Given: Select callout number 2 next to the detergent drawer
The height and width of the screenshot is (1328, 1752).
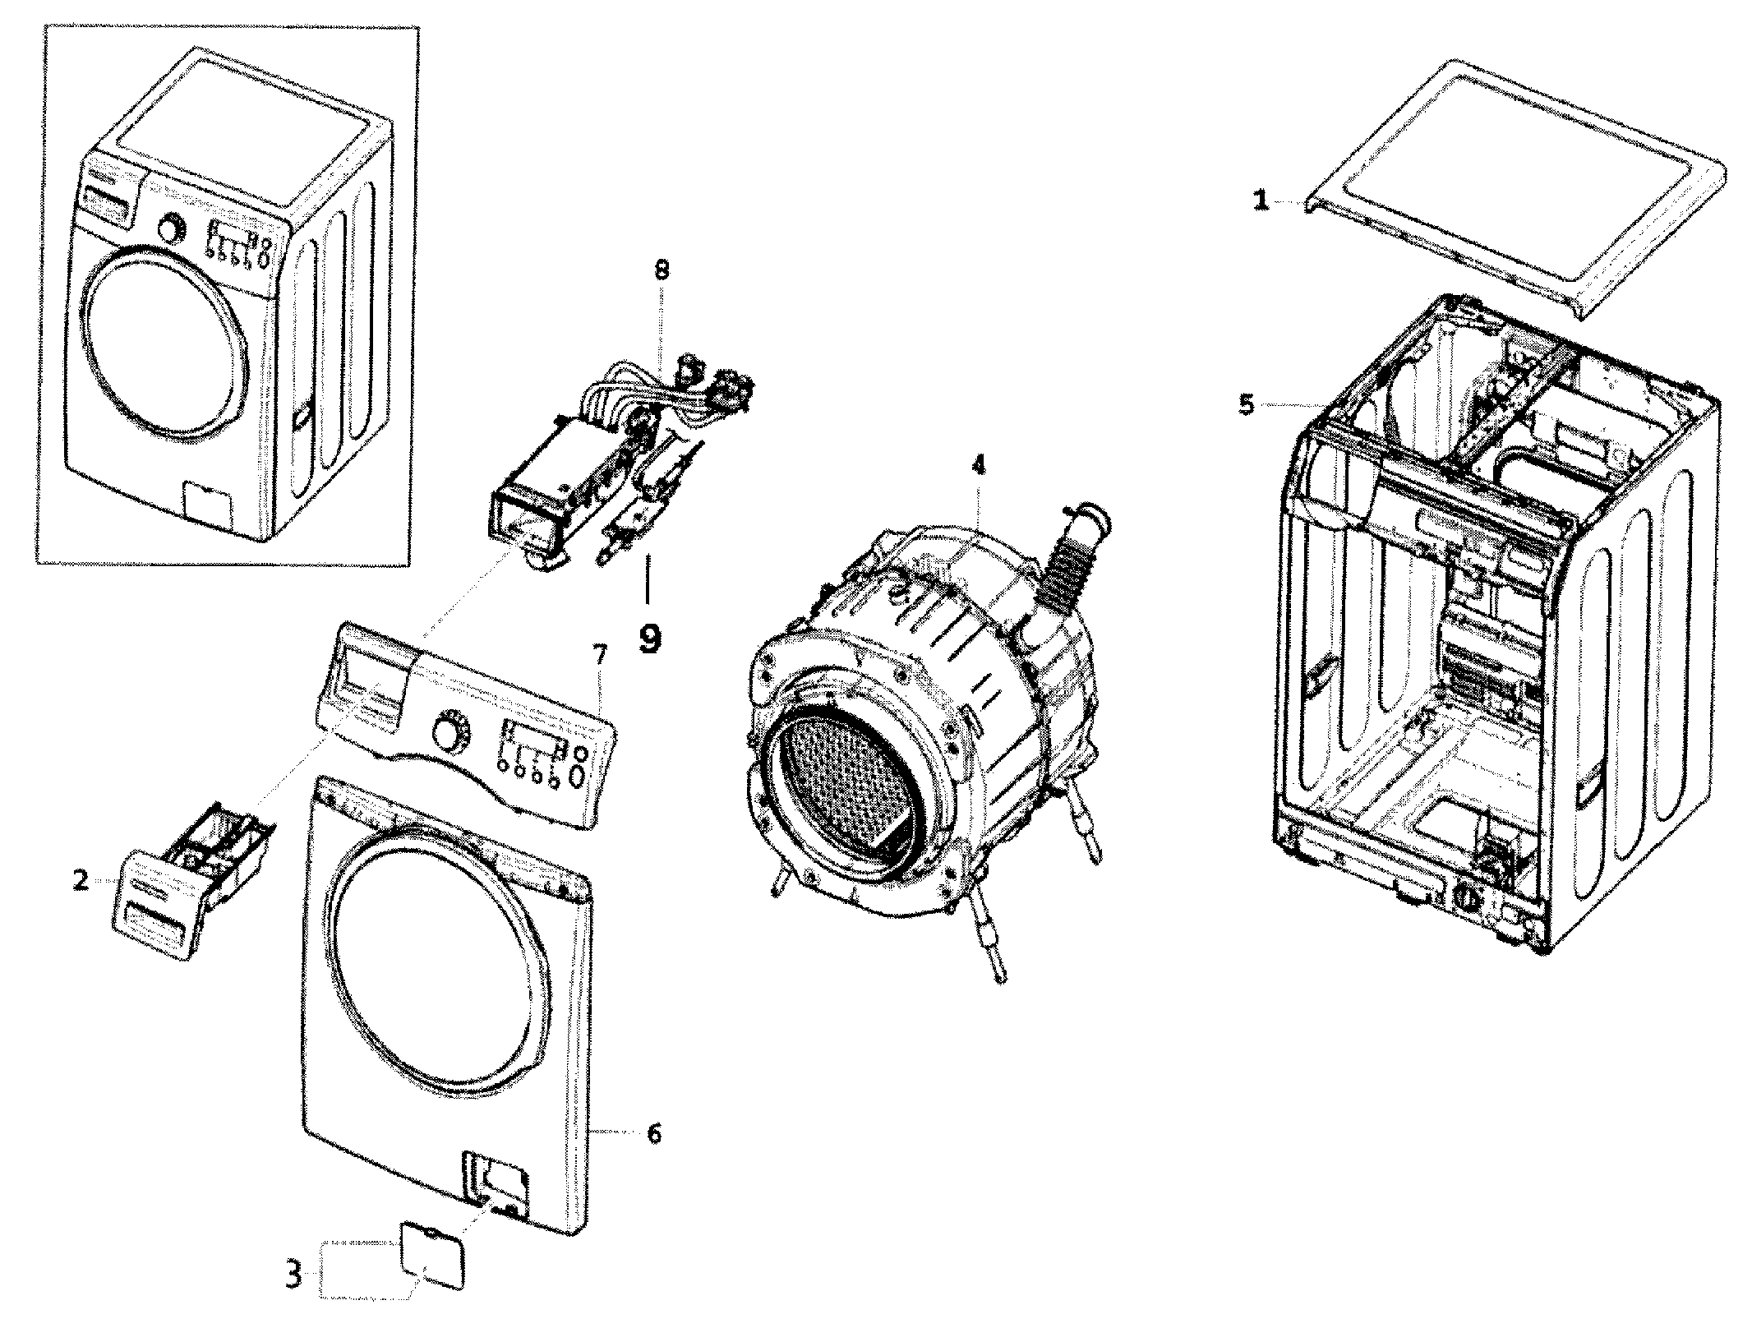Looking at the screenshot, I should tap(81, 881).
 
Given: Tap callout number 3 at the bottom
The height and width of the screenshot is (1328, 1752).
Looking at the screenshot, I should tap(293, 1298).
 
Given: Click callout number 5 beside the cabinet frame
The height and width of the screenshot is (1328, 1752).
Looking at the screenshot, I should tap(1247, 404).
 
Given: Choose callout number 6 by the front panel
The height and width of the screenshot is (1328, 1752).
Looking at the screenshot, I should tap(653, 1134).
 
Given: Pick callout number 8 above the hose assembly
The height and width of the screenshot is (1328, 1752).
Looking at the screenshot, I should tap(662, 270).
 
